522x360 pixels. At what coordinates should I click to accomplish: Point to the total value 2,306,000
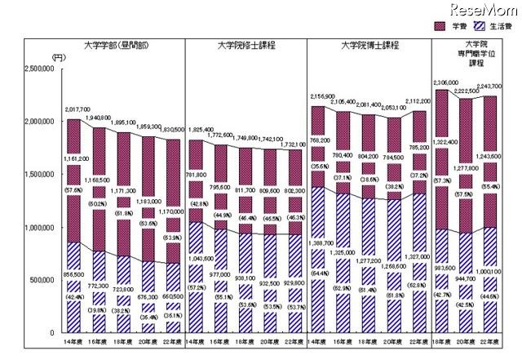point(448,82)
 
